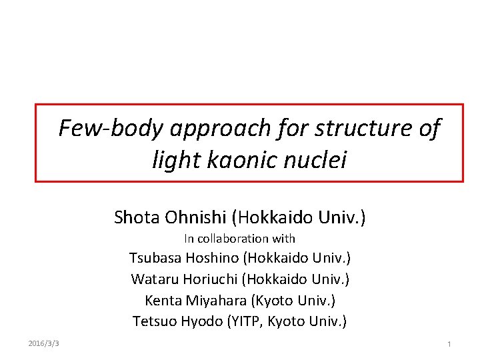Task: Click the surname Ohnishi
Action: [x=196, y=217]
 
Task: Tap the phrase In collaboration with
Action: [x=239, y=238]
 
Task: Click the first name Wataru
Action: [x=153, y=279]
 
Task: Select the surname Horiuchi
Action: [x=213, y=279]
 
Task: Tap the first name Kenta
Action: [x=163, y=300]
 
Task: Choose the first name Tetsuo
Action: [x=154, y=321]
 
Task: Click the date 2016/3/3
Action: [x=44, y=343]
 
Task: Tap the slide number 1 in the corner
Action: [x=449, y=344]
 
